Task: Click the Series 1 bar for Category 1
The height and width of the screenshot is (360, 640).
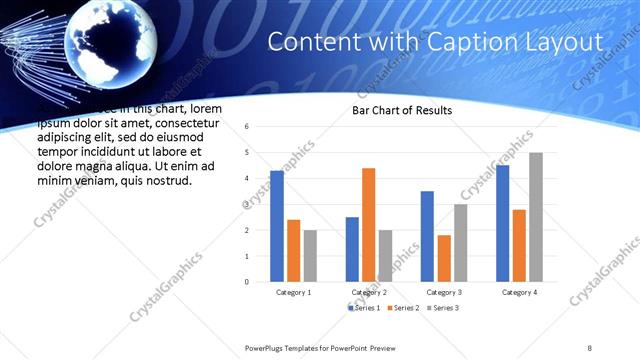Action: (277, 226)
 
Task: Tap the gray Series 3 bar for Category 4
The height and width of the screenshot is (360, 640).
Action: (536, 217)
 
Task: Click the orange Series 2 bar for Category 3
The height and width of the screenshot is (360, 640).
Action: (444, 258)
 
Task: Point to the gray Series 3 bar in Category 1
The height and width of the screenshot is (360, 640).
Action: (310, 255)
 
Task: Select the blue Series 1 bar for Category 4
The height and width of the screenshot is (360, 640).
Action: (502, 223)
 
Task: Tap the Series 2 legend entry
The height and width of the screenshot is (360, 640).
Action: (403, 307)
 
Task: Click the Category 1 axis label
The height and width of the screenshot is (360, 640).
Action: (293, 292)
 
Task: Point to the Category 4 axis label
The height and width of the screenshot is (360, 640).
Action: (519, 292)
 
